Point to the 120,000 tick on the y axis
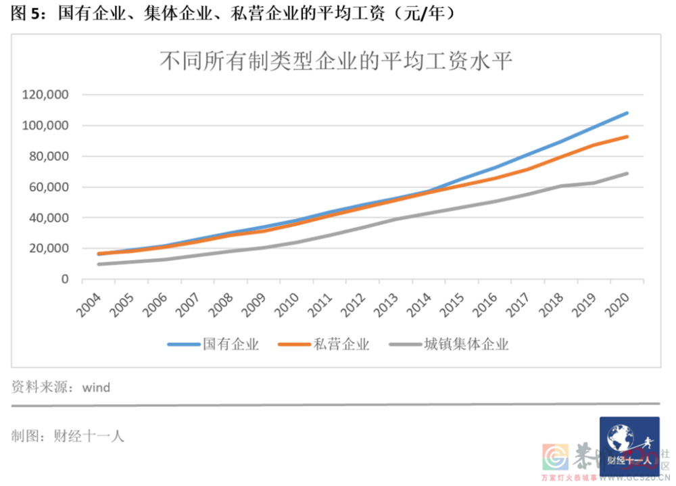(x=45, y=95)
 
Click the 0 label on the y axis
(x=65, y=278)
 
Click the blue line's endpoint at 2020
(x=627, y=113)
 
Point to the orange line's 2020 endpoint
(x=627, y=137)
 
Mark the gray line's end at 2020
(x=627, y=173)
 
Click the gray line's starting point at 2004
(x=99, y=264)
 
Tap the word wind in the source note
(x=95, y=387)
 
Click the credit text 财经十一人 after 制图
(x=89, y=436)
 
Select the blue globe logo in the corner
(x=629, y=443)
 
